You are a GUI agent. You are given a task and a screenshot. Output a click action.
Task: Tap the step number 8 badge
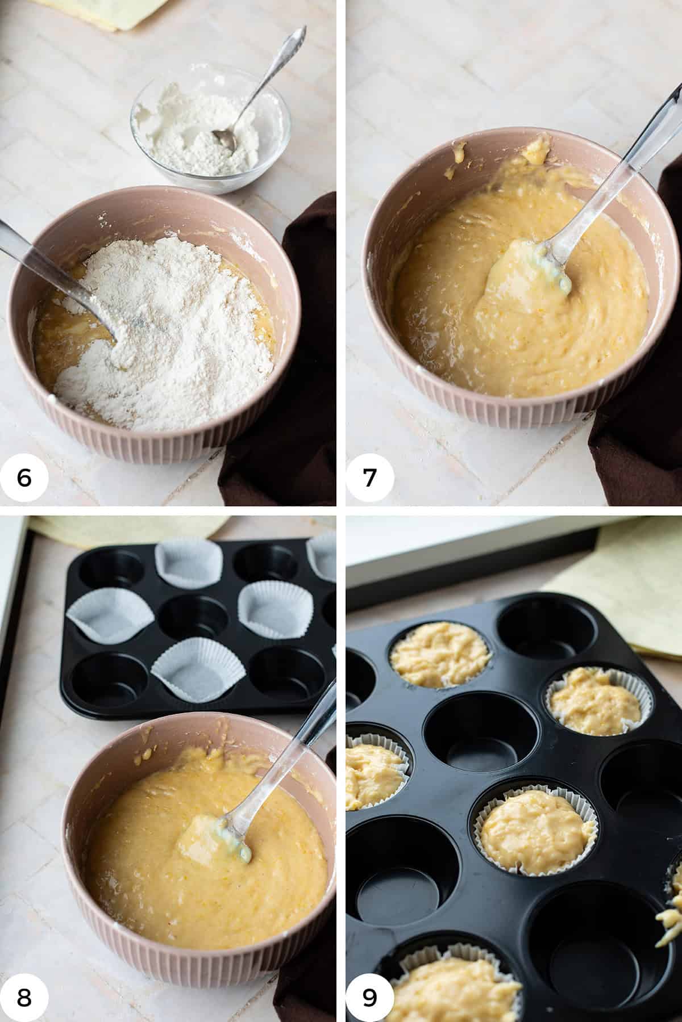[x=24, y=998]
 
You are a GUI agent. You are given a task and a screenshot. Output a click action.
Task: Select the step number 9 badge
[x=369, y=998]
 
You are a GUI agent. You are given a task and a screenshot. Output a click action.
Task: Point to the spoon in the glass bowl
[x=250, y=91]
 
